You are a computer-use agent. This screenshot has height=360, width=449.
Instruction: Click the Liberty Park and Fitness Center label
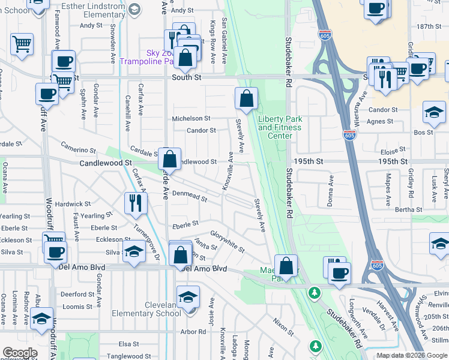tap(280, 127)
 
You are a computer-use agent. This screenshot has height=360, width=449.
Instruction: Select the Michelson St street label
tap(191, 119)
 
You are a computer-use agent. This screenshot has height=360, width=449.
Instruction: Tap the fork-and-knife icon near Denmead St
tap(136, 203)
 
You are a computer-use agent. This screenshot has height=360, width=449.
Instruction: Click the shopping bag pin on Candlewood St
tap(170, 159)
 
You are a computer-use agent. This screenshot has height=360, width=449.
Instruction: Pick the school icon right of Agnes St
tap(434, 112)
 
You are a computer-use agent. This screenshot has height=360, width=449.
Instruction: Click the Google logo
tap(20, 353)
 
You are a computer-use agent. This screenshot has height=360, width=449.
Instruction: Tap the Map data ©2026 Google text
tap(411, 355)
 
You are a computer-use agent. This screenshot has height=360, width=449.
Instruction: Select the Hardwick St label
tap(73, 204)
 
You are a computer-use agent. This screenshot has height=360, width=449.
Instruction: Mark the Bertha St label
tap(409, 209)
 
